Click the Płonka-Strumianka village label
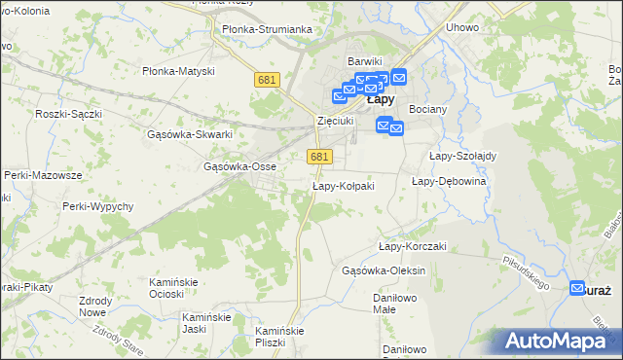click(267, 29)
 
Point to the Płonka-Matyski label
click(178, 71)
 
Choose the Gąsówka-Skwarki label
click(195, 134)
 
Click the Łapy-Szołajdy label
click(462, 156)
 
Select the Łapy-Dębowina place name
click(449, 181)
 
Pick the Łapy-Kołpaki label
click(343, 186)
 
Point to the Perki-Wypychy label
click(96, 207)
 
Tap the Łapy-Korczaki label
click(412, 246)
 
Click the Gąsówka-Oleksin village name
click(385, 270)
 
